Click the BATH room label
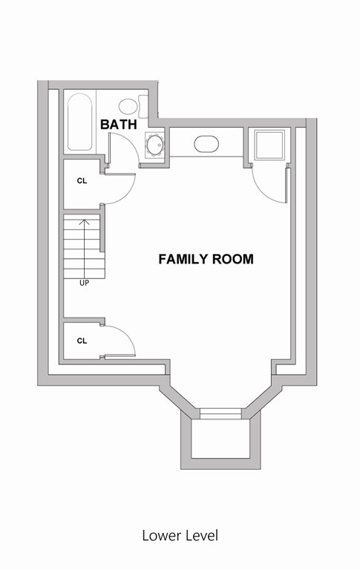click(119, 125)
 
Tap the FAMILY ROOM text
click(206, 260)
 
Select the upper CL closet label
click(82, 181)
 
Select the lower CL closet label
click(82, 341)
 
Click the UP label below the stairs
click(84, 283)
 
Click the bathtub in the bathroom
click(78, 121)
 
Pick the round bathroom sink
click(154, 145)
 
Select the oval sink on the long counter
click(206, 144)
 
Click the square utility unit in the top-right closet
click(268, 145)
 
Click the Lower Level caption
click(180, 534)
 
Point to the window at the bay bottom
click(220, 413)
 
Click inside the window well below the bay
click(220, 441)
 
